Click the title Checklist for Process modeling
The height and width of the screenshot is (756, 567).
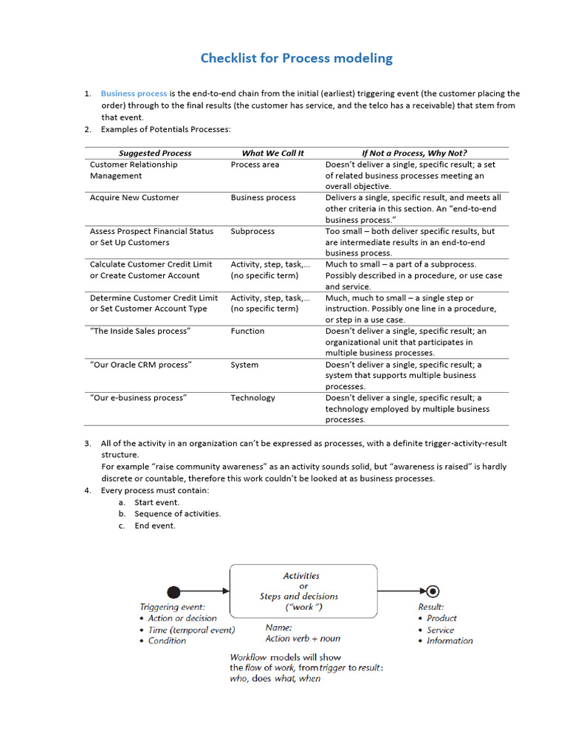click(x=297, y=58)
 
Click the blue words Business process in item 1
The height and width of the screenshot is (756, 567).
click(x=134, y=94)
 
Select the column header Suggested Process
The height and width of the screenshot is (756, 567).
click(x=155, y=153)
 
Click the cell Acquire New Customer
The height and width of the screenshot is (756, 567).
click(x=134, y=198)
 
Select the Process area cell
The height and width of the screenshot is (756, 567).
click(x=255, y=165)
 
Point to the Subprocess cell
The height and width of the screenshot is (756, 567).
click(x=252, y=231)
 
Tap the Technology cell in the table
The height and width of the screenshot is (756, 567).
click(x=252, y=398)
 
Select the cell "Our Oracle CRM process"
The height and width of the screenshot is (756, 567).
click(x=141, y=365)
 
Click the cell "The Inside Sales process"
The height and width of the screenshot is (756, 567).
click(x=140, y=331)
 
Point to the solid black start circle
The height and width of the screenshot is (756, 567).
click(x=173, y=591)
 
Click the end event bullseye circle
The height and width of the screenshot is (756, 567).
click(x=433, y=591)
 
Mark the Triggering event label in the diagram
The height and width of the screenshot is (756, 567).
click(x=173, y=608)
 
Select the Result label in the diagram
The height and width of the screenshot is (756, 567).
click(x=431, y=607)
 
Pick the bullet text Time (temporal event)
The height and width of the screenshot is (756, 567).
click(x=191, y=630)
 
